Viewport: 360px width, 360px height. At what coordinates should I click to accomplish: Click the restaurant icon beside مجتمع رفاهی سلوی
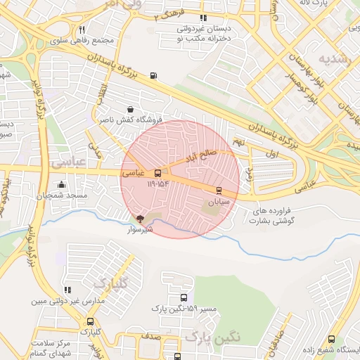82,30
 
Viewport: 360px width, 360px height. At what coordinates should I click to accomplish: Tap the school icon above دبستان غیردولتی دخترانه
203,18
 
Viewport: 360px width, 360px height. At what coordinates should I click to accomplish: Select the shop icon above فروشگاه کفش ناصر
131,109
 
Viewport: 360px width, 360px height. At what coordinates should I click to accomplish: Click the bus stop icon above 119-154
157,172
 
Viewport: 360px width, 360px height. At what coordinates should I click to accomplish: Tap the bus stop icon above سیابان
219,190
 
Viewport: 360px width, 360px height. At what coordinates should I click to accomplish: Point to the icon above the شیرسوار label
139,219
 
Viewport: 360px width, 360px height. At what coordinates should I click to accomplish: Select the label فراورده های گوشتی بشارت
276,215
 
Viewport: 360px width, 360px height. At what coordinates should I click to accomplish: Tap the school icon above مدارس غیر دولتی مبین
67,290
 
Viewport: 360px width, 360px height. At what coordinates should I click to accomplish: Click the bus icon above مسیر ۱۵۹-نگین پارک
184,298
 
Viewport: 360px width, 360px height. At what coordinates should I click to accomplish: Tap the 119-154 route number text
158,183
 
